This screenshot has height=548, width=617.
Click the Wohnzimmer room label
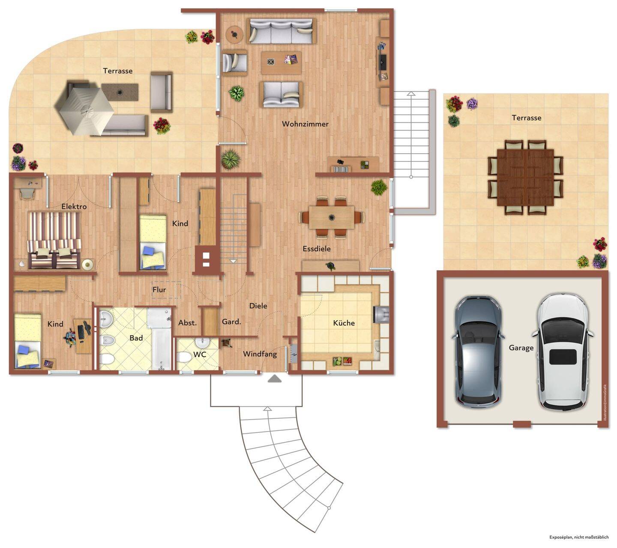[x=305, y=124]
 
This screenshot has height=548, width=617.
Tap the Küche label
[x=344, y=323]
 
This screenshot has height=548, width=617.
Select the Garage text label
[x=521, y=348]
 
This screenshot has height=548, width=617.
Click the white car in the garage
[x=563, y=351]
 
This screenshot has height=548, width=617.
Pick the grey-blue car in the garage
[x=477, y=352]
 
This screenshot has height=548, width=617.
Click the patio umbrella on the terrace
[x=87, y=111]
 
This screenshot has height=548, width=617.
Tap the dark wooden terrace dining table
[x=525, y=178]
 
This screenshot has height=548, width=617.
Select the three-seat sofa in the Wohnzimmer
[x=281, y=31]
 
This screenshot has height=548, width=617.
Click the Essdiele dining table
[x=331, y=217]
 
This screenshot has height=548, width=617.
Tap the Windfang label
[x=260, y=354]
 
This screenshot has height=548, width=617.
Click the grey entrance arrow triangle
[x=274, y=378]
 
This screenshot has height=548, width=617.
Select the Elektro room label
[x=74, y=207]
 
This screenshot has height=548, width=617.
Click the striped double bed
[x=54, y=240]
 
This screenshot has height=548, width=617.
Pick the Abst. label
[x=187, y=323]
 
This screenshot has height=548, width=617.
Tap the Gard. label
[x=231, y=322]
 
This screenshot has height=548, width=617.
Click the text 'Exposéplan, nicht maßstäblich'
[x=579, y=537]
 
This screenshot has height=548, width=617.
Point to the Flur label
[x=159, y=290]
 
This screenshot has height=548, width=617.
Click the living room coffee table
[x=281, y=63]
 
